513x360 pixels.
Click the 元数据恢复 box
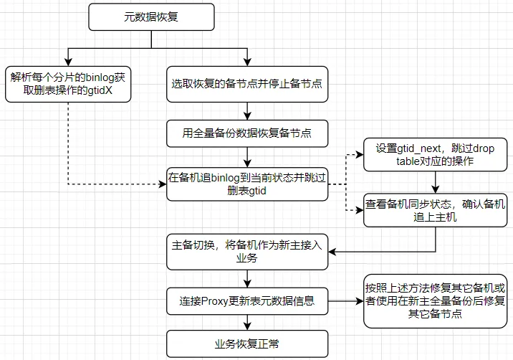[x=151, y=16]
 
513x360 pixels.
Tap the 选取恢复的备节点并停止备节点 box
[x=246, y=82]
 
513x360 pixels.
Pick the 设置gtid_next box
[x=435, y=155]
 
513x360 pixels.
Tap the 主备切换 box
[x=246, y=250]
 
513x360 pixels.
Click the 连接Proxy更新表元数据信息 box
[x=246, y=302]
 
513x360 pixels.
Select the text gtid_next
[x=421, y=148]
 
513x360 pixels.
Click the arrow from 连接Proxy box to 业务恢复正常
[x=246, y=323]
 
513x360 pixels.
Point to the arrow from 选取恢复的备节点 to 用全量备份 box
[x=246, y=108]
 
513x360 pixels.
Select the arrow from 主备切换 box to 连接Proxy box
[x=246, y=278]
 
